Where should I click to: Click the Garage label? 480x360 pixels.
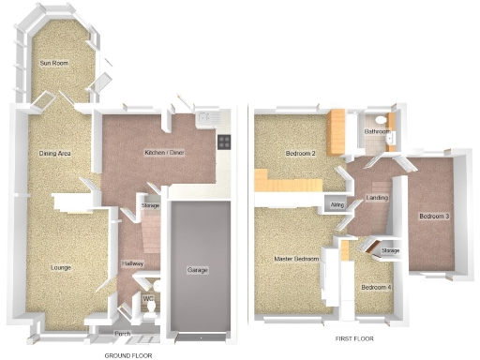197,270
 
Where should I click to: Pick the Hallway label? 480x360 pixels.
132,264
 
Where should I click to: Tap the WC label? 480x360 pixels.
147,300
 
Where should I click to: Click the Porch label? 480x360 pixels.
122,333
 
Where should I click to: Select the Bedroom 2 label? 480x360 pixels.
299,153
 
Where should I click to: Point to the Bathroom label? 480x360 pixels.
378,132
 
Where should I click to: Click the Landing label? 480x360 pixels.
378,198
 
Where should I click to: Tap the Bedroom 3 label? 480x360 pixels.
434,217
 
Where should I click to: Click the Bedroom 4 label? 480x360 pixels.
376,286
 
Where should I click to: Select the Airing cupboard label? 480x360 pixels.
337,204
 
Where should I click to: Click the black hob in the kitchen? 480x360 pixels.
225,142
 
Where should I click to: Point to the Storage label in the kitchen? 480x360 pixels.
150,204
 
